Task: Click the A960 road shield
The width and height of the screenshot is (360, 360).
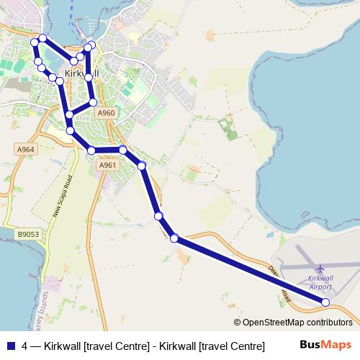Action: point(106,113)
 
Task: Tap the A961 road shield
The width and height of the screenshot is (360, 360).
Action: point(107,166)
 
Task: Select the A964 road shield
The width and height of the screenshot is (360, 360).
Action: point(25,149)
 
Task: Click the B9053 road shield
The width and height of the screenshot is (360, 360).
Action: point(28,234)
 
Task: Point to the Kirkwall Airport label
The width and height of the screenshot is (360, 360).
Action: point(320,282)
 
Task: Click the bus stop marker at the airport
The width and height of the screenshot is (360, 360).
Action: point(325,302)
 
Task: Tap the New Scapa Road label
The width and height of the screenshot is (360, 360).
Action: point(63,197)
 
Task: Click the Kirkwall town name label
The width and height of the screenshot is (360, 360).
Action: point(78,74)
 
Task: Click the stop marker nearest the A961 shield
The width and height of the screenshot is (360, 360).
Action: point(91,150)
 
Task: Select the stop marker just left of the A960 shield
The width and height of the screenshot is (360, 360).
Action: point(93,102)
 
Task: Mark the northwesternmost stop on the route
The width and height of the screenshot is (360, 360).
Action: point(34,42)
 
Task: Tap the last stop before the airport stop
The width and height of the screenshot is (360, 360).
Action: point(174,238)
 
